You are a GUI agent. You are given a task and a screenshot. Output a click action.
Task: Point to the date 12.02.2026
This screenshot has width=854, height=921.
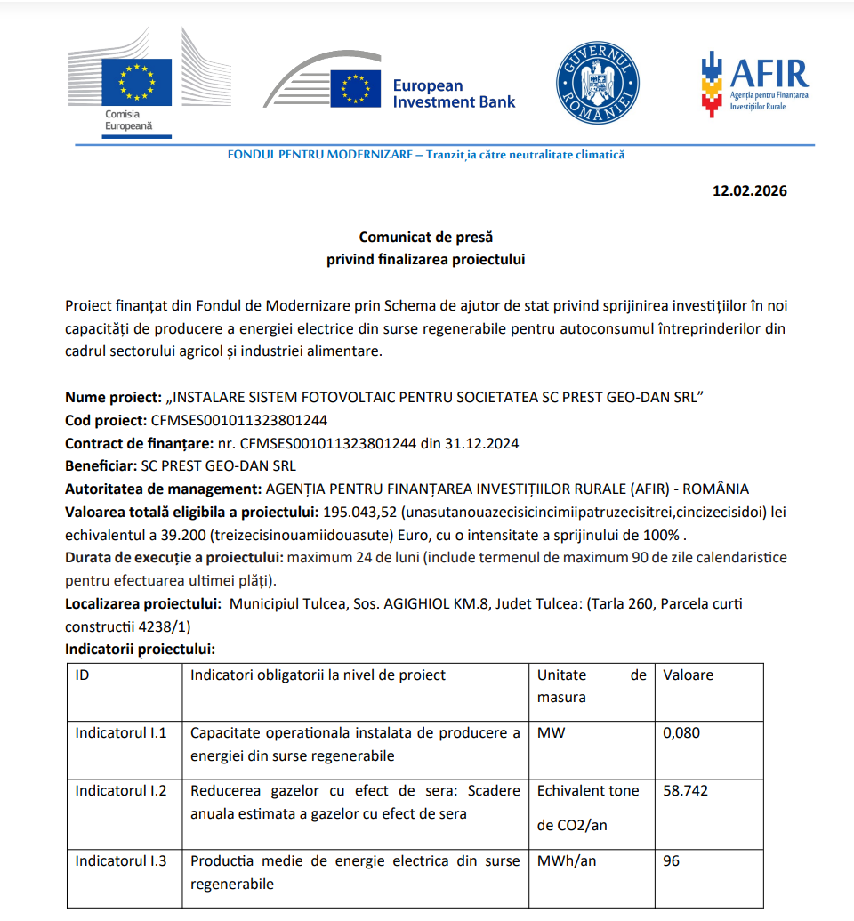pos(749,190)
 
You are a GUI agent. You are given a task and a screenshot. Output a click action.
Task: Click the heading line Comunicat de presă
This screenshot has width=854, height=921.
pos(425,238)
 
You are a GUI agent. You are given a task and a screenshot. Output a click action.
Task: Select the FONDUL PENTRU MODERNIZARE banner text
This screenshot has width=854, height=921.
pos(426,155)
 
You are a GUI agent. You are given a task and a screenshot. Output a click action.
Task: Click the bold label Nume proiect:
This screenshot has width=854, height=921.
pos(113,397)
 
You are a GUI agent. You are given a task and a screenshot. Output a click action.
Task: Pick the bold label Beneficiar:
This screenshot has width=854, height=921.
pos(101,465)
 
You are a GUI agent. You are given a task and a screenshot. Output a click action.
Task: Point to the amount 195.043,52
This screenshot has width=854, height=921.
pos(360,513)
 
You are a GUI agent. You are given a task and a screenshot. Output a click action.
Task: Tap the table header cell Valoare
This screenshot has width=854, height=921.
pos(688,675)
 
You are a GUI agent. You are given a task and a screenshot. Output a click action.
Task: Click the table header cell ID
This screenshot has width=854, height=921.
pos(82,675)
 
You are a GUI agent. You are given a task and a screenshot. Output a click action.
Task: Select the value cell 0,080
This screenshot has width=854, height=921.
pos(681,733)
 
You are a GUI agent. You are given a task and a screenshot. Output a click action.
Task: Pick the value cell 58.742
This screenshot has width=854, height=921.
pos(685,790)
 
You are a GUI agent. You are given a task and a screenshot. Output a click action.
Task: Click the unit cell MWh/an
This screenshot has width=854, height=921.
pos(566,861)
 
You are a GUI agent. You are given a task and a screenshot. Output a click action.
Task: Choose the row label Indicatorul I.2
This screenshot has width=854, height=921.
pos(120,790)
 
